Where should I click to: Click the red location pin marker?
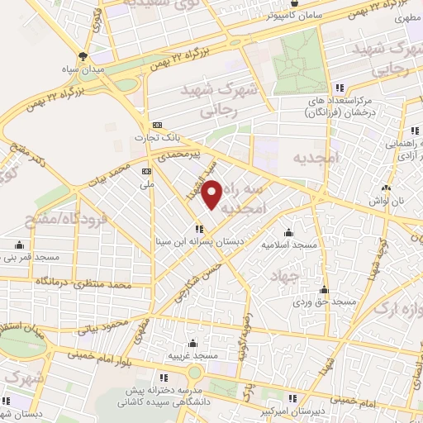pos(212,193)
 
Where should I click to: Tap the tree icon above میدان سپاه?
pos(82,56)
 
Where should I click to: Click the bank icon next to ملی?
pos(147,171)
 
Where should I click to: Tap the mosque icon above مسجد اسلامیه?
pos(288,231)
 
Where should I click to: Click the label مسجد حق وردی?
pos(323,303)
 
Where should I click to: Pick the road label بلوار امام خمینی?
pos(87,355)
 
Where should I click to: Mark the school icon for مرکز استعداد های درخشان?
pos(339,89)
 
